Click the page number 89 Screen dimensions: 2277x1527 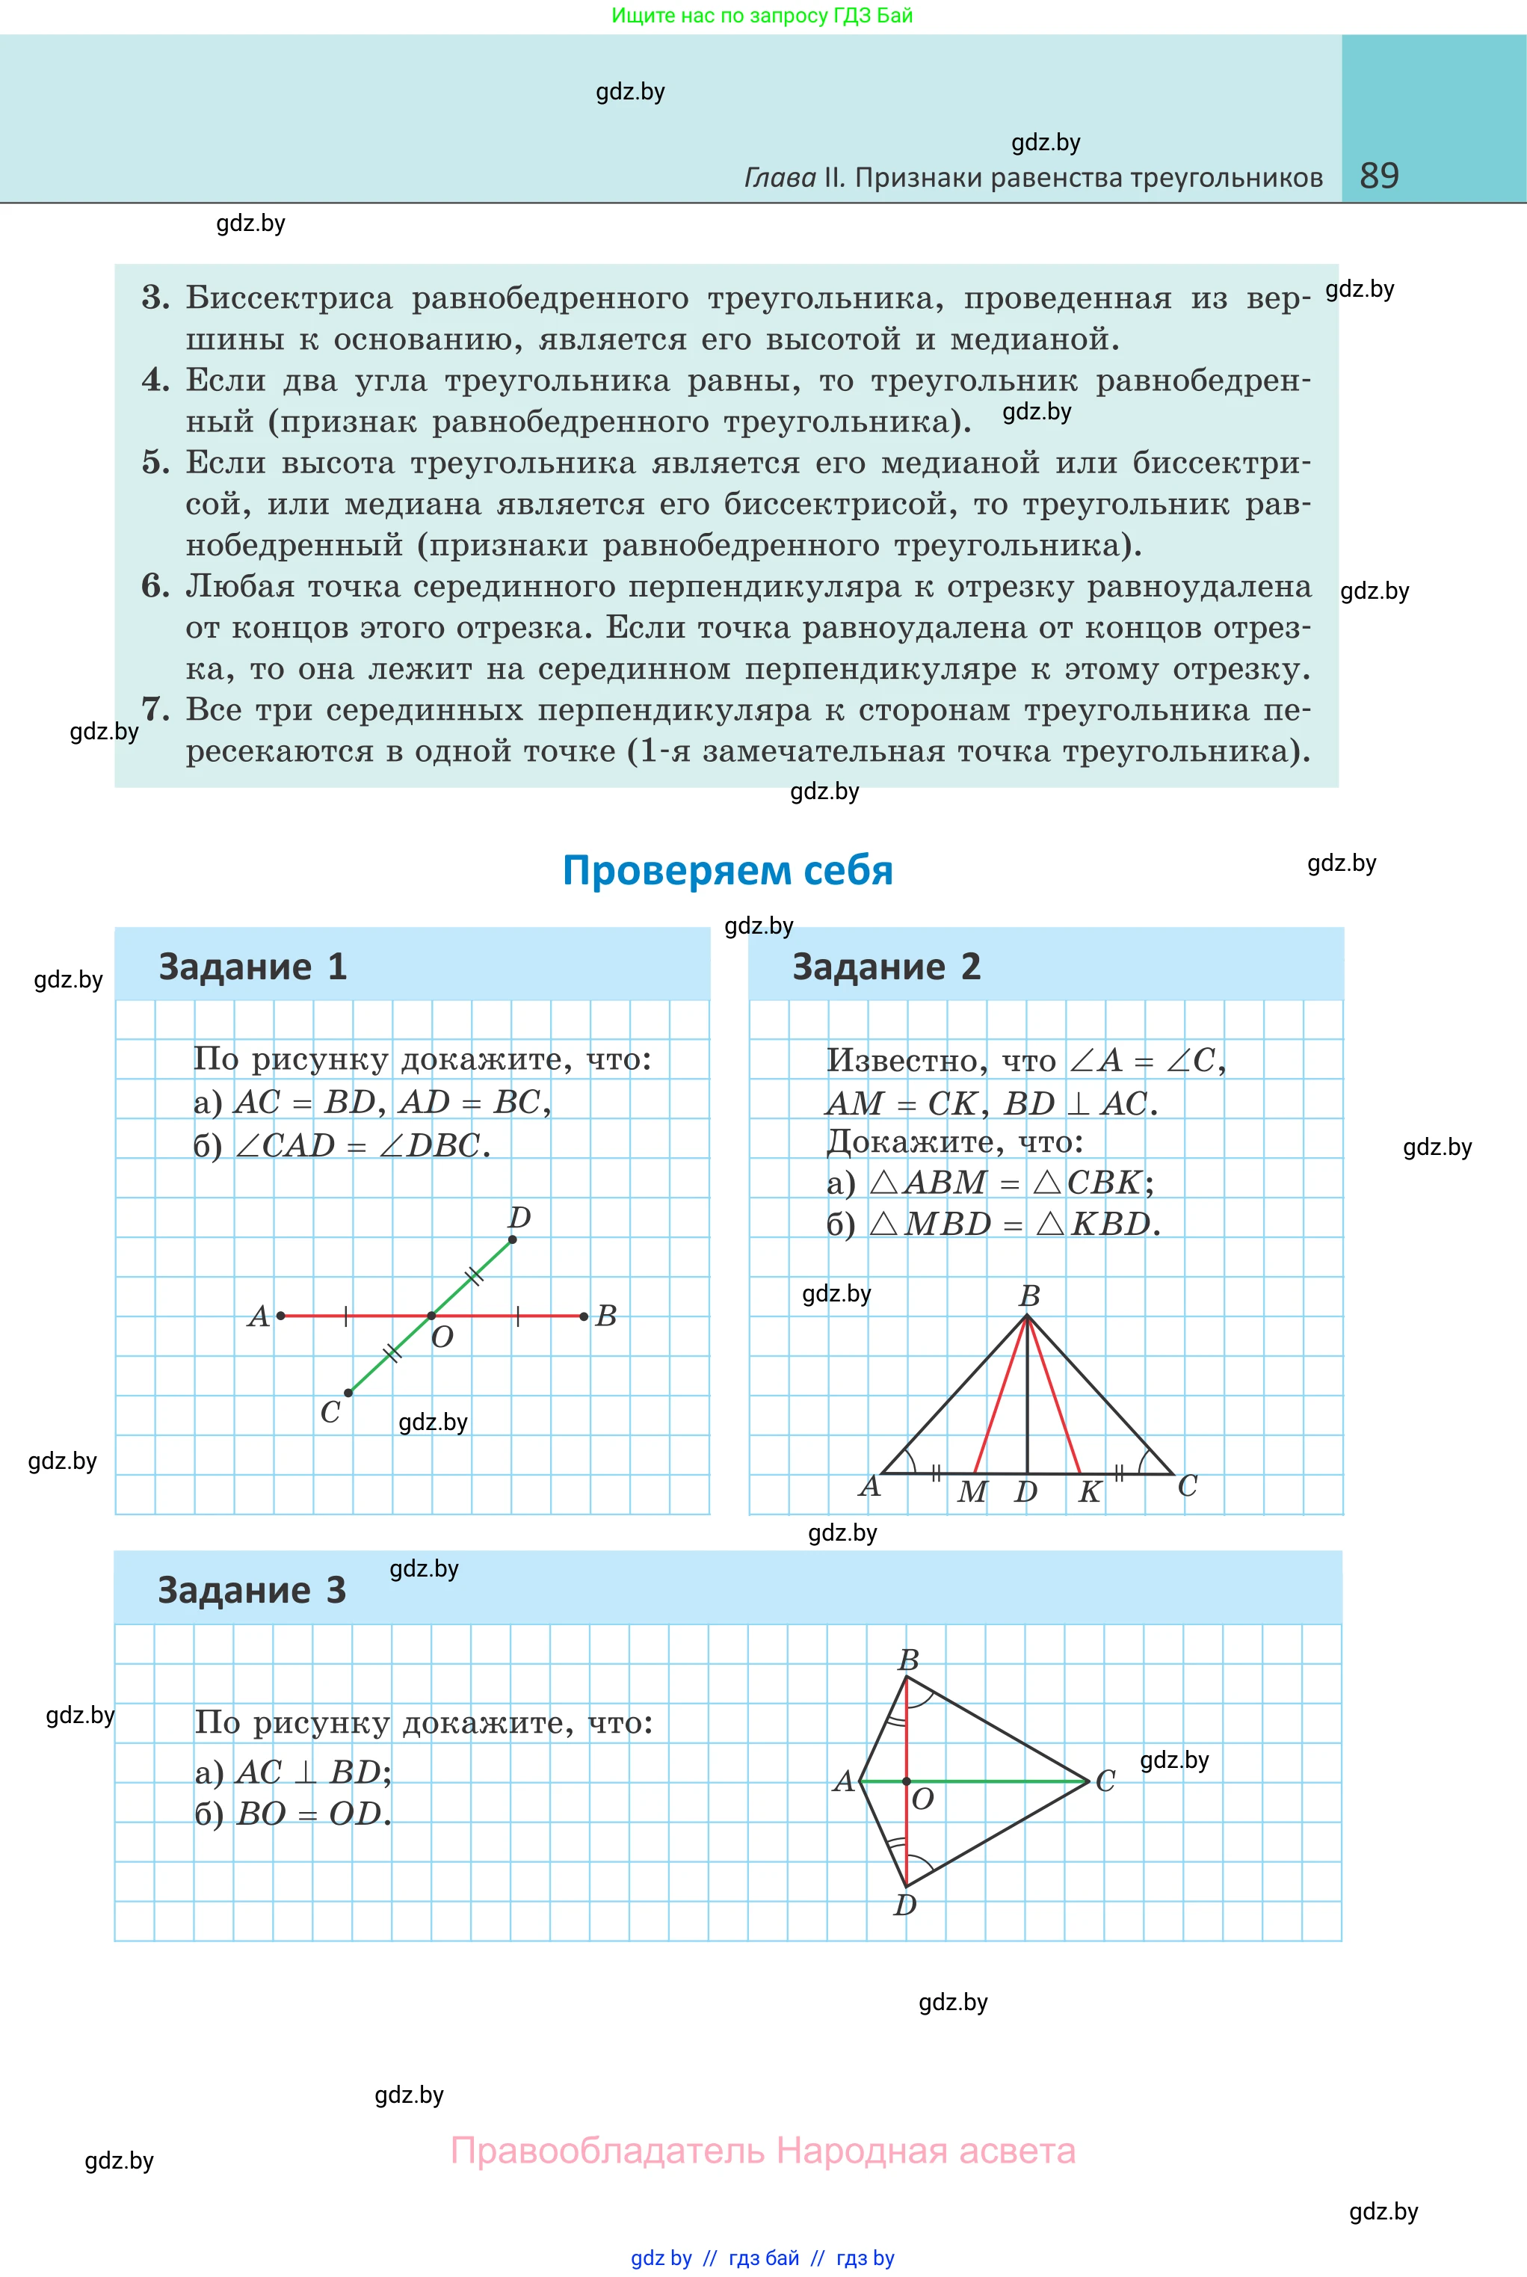[x=1379, y=176]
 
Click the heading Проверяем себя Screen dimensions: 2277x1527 [x=727, y=869]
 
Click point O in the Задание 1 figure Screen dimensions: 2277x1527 [x=431, y=1316]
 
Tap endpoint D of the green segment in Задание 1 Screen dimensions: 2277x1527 [x=512, y=1239]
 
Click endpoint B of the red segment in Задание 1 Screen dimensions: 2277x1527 [x=583, y=1316]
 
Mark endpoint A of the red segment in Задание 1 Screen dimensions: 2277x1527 [x=280, y=1316]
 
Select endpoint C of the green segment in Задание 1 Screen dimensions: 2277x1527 [x=348, y=1393]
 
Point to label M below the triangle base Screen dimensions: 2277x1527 [x=971, y=1492]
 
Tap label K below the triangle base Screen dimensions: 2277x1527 [x=1089, y=1492]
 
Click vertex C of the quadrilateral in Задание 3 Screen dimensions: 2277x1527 [x=1087, y=1781]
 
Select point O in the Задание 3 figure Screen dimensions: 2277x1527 [x=907, y=1781]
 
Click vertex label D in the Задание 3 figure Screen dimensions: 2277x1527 [x=904, y=1905]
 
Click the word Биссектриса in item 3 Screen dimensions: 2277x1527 [x=289, y=298]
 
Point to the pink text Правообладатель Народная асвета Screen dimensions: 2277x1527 [x=762, y=2151]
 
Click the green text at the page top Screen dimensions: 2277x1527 [x=762, y=16]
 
